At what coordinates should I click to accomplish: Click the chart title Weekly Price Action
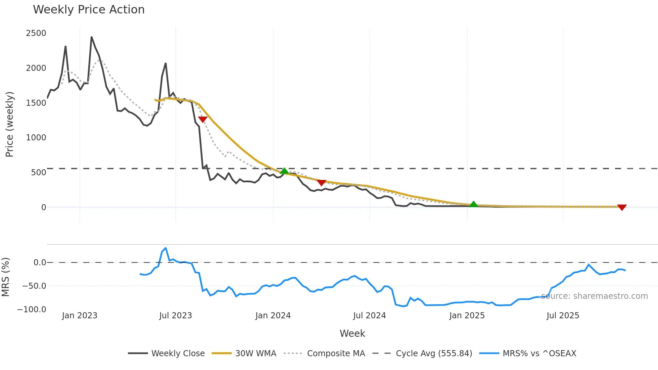pyautogui.click(x=89, y=10)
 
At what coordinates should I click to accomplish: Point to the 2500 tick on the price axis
pyautogui.click(x=36, y=33)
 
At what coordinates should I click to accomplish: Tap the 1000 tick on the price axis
pyautogui.click(x=36, y=138)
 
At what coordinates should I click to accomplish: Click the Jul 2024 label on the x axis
pyautogui.click(x=369, y=316)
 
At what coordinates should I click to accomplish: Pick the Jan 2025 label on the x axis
pyautogui.click(x=467, y=316)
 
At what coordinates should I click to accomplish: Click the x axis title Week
pyautogui.click(x=352, y=333)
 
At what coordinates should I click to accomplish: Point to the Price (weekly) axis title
pyautogui.click(x=9, y=124)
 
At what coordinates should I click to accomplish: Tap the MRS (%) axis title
pyautogui.click(x=6, y=277)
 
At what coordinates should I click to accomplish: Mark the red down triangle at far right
pyautogui.click(x=622, y=207)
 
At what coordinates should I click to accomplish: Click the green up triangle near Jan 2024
pyautogui.click(x=284, y=171)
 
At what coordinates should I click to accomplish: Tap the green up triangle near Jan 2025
pyautogui.click(x=473, y=204)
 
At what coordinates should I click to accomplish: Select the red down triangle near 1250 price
pyautogui.click(x=203, y=119)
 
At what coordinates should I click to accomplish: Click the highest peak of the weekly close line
pyautogui.click(x=91, y=37)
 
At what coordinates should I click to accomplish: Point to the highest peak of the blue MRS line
pyautogui.click(x=166, y=248)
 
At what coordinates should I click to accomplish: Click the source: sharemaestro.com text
pyautogui.click(x=594, y=296)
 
